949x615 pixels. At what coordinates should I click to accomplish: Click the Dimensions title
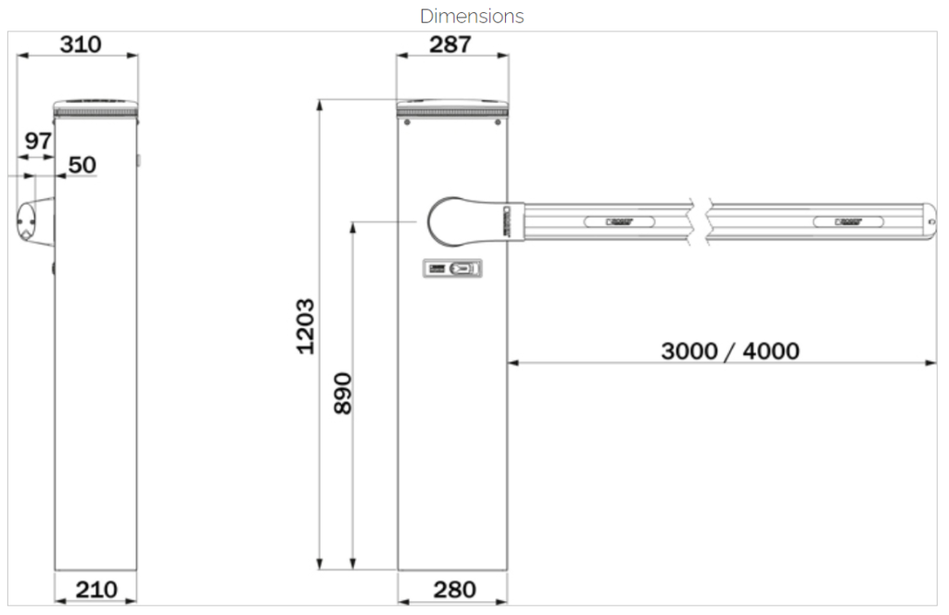click(x=472, y=16)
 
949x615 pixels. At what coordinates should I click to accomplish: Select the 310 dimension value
click(x=81, y=44)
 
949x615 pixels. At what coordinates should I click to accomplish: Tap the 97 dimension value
click(x=38, y=142)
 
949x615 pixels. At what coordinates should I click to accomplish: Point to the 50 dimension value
click(x=82, y=165)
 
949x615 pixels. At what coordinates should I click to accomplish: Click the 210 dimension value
click(x=96, y=589)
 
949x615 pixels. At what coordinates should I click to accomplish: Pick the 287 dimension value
click(x=451, y=44)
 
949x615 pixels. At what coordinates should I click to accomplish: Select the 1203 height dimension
click(x=307, y=325)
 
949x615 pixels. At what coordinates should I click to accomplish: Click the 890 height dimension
click(x=343, y=393)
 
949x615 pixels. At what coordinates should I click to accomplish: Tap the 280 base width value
click(x=454, y=589)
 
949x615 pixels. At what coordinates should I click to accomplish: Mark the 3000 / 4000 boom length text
click(x=730, y=351)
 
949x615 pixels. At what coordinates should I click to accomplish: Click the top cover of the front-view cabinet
click(x=453, y=105)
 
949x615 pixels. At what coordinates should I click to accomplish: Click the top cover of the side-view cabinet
click(x=95, y=105)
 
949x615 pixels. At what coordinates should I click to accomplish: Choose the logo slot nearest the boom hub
click(x=619, y=222)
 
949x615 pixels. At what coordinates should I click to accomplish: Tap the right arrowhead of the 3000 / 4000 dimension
click(x=930, y=363)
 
